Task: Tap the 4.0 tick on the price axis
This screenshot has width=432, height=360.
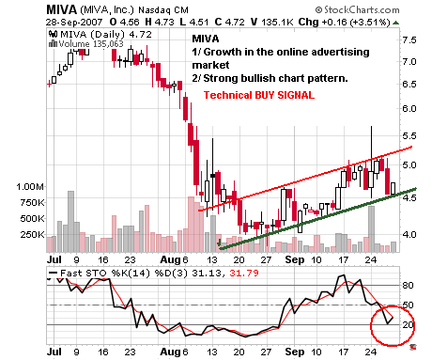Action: point(409,234)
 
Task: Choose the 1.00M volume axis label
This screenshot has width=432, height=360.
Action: point(29,187)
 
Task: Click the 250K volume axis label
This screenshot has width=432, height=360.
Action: point(31,234)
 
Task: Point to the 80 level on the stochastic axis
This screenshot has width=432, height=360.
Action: point(408,285)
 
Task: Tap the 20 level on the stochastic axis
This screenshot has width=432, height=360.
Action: point(408,324)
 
